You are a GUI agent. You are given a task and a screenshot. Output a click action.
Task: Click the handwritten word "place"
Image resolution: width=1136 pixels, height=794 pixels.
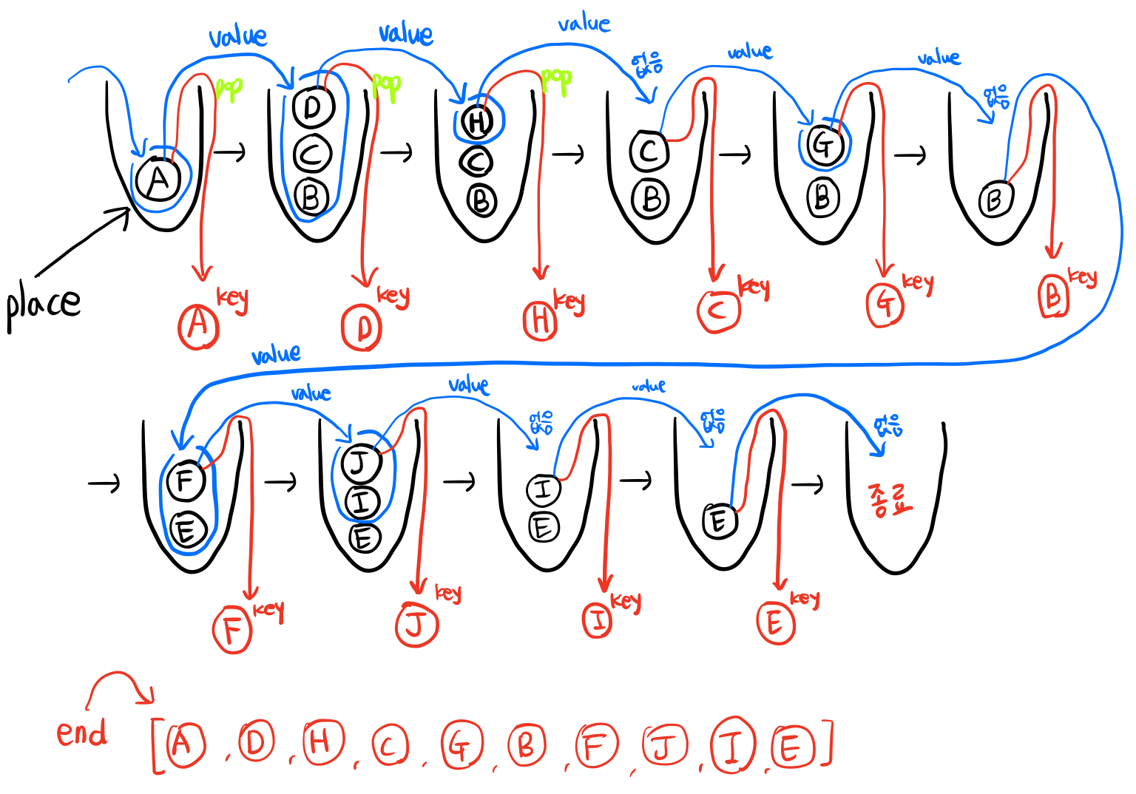(x=43, y=305)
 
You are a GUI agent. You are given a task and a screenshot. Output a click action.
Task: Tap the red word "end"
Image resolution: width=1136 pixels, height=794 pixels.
(x=81, y=733)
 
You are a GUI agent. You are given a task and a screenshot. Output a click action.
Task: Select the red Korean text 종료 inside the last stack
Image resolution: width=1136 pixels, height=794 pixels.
(x=890, y=500)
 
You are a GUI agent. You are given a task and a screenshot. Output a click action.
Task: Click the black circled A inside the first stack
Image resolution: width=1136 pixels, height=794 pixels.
(x=158, y=180)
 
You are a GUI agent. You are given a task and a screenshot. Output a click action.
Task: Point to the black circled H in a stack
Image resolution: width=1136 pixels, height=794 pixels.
(x=478, y=121)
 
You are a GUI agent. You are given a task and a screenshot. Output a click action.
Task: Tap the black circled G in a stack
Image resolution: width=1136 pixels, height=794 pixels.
(x=823, y=144)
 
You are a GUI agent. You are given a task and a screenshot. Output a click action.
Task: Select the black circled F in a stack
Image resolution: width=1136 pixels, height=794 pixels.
(x=186, y=480)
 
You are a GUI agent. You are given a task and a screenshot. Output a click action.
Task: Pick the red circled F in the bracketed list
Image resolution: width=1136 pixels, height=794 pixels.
(x=595, y=747)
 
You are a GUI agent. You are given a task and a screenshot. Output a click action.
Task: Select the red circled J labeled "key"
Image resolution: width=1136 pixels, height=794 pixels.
(x=417, y=625)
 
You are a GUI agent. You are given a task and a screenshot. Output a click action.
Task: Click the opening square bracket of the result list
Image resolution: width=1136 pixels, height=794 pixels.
(x=157, y=746)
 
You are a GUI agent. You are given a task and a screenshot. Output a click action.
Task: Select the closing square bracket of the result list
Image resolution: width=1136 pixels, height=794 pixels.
(x=826, y=744)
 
